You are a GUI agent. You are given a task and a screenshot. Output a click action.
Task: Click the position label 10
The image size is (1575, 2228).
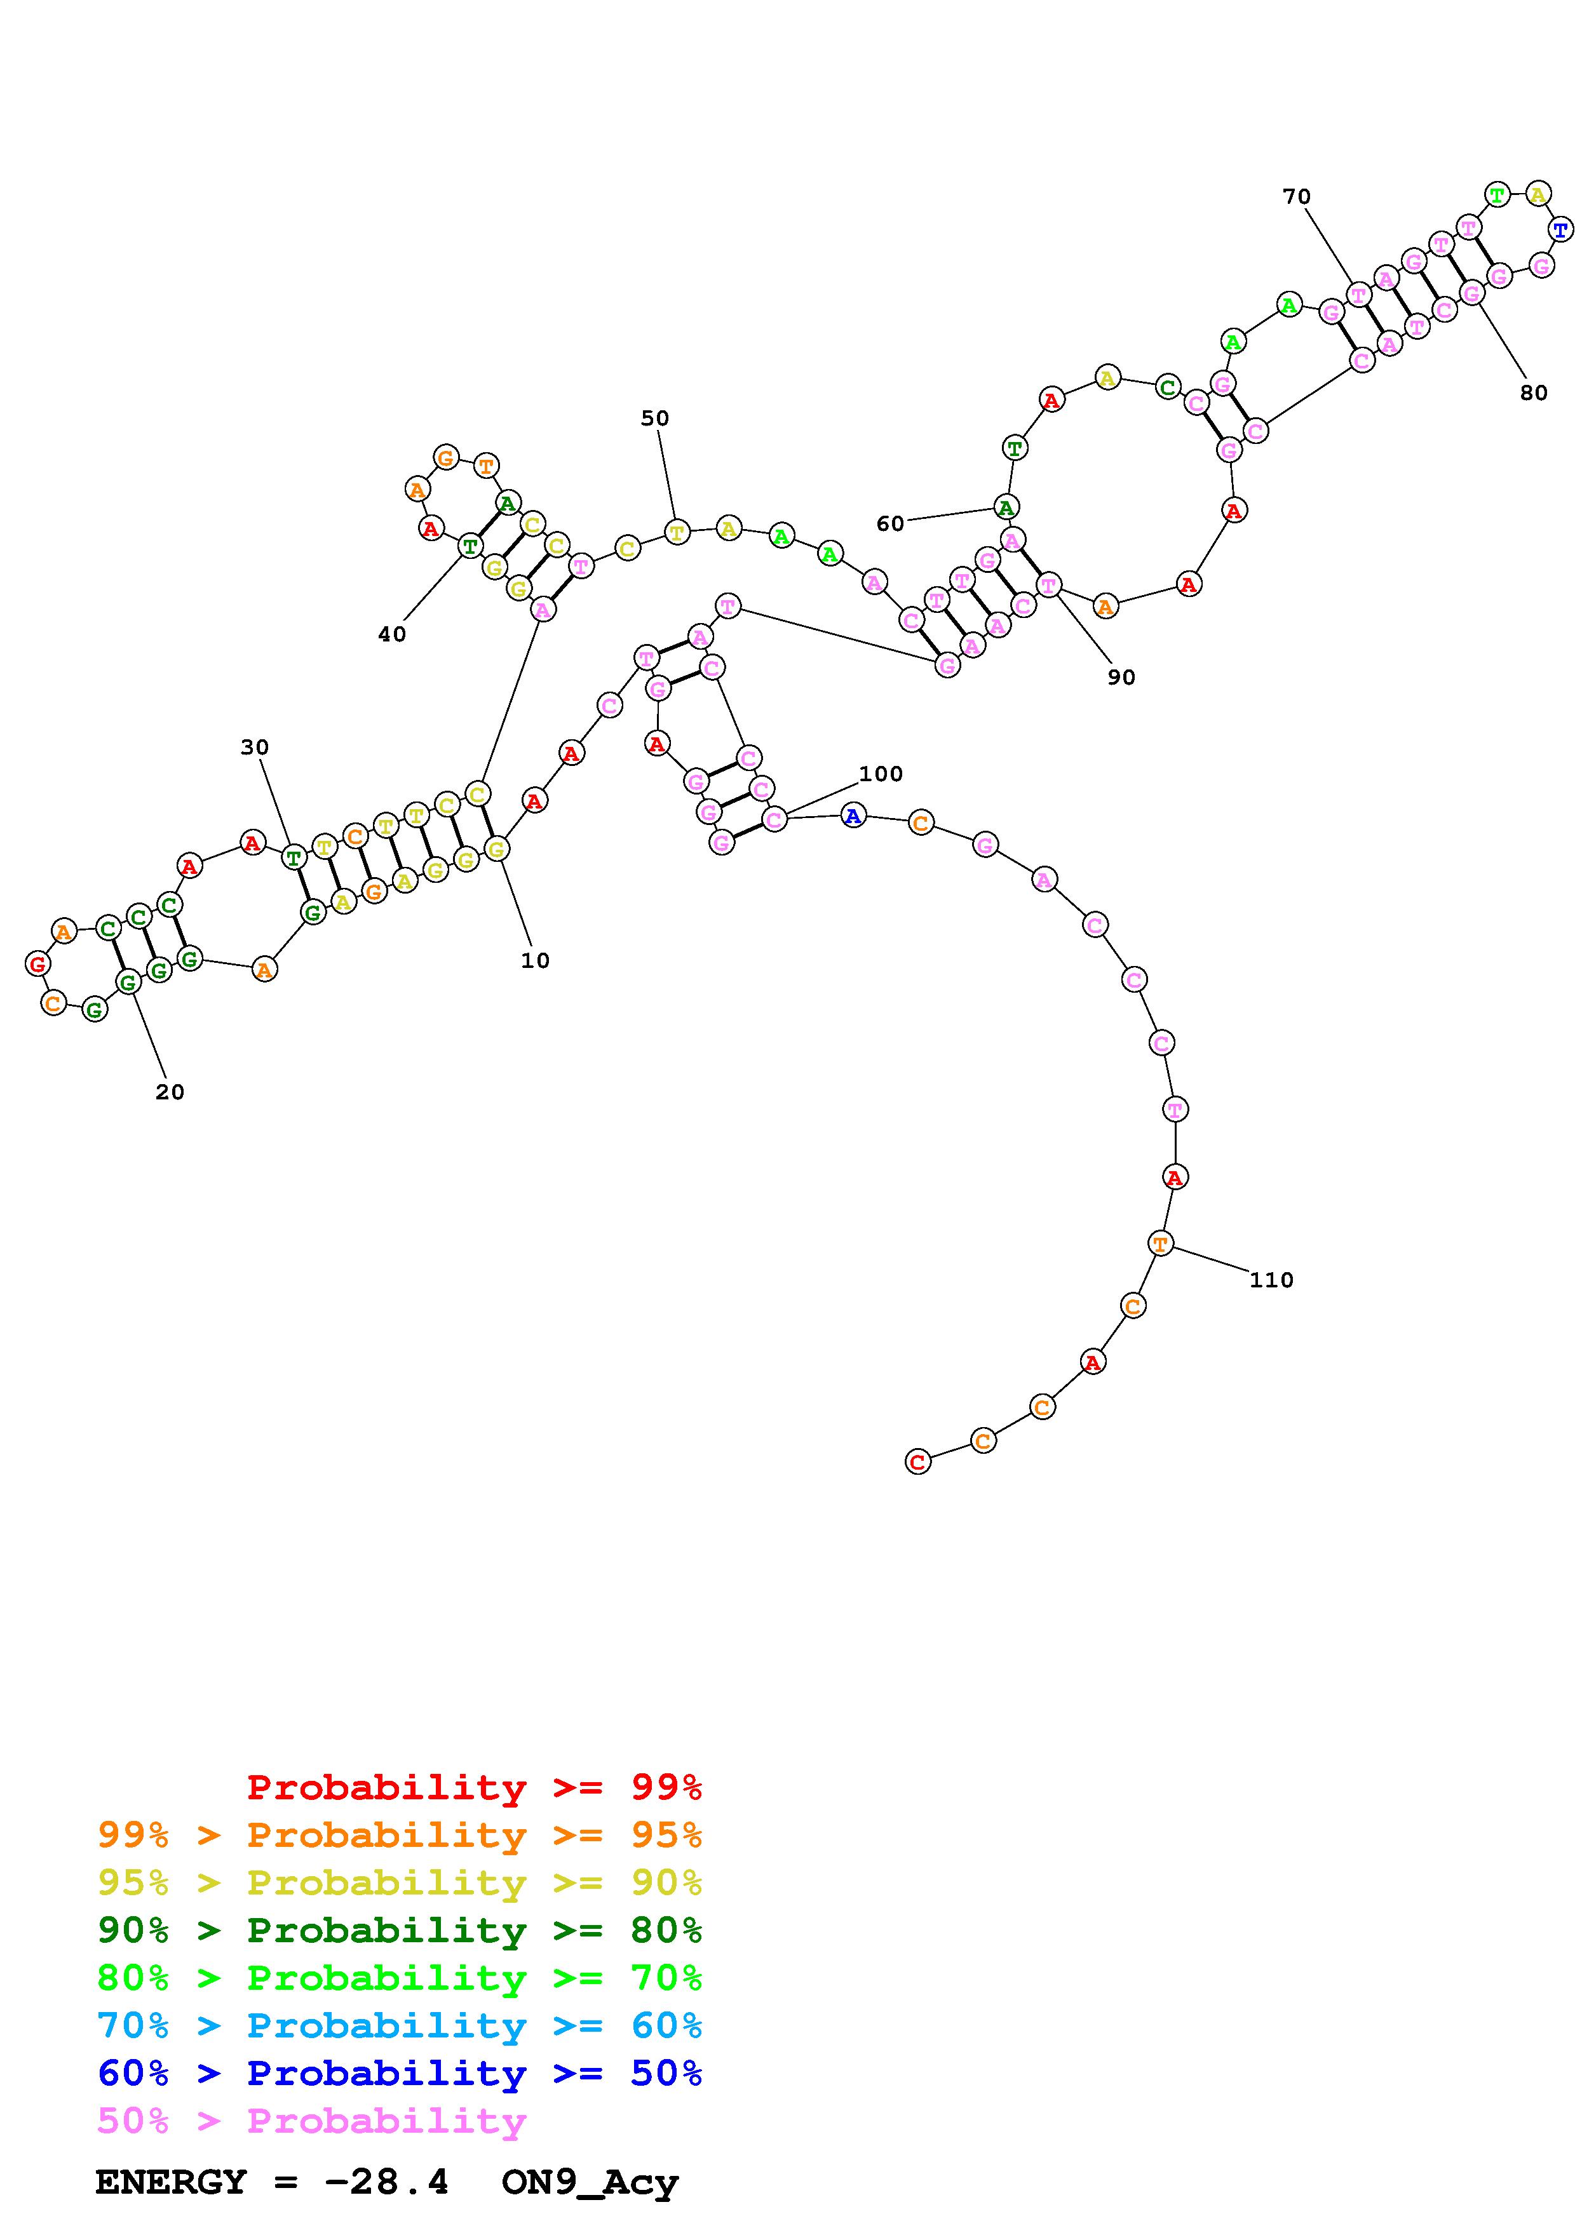(535, 961)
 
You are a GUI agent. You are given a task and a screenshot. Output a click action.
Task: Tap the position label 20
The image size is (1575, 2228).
(170, 1092)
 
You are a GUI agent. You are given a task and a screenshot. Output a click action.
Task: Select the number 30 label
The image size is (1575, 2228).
(254, 747)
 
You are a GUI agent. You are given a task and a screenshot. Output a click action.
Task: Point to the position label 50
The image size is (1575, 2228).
(655, 419)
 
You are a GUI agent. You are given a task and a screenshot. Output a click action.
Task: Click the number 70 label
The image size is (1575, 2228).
(1297, 197)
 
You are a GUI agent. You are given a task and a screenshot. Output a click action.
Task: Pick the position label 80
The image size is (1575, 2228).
(1533, 393)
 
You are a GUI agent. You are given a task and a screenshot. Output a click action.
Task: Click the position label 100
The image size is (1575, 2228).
(881, 774)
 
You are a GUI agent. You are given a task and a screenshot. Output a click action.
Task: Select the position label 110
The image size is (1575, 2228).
(1271, 1280)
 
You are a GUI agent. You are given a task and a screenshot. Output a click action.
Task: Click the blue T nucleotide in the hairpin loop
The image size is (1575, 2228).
(1560, 230)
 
